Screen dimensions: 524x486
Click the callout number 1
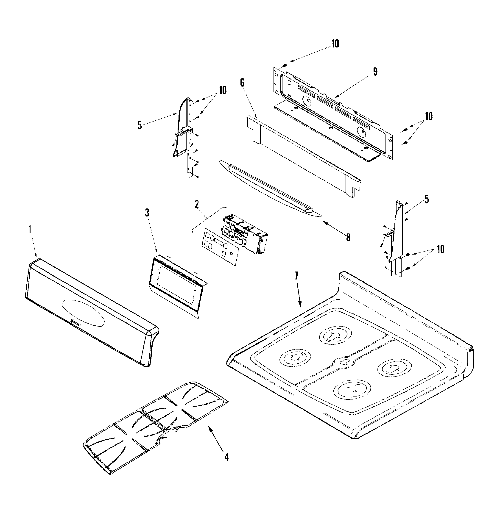click(30, 229)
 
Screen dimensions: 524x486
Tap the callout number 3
click(147, 212)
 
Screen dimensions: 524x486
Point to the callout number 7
click(296, 276)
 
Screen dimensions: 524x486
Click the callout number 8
click(348, 238)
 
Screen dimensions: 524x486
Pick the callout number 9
click(375, 72)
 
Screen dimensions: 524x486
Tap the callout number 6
click(242, 83)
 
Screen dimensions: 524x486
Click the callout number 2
click(197, 204)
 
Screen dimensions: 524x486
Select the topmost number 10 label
click(335, 44)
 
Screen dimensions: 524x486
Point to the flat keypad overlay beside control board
click(220, 247)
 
